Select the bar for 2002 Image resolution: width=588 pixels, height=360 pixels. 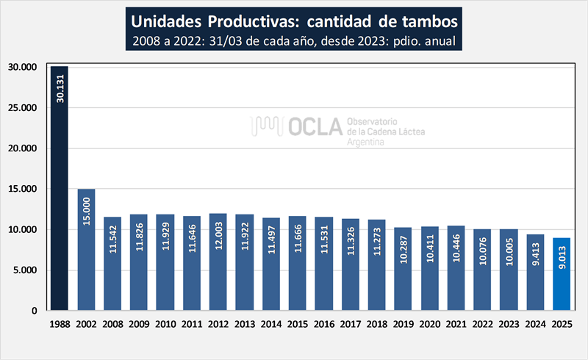[x=86, y=250]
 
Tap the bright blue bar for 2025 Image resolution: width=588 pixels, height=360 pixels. [x=562, y=274]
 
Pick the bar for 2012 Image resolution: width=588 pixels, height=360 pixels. [x=218, y=262]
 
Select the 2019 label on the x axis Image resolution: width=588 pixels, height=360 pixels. [x=403, y=323]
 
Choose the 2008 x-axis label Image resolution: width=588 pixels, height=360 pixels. [x=112, y=323]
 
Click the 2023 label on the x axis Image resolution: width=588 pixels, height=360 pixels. [x=509, y=323]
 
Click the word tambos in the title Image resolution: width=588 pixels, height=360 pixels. [x=426, y=18]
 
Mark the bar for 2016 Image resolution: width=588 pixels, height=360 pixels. [x=323, y=264]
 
